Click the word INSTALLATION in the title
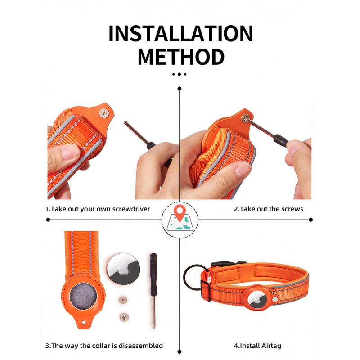click(180, 34)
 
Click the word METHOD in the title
click(180, 58)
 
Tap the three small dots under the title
click(180, 74)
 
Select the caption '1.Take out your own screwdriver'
click(97, 209)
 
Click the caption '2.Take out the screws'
click(268, 209)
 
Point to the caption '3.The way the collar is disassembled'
click(103, 346)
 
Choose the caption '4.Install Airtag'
click(257, 346)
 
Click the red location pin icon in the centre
click(180, 211)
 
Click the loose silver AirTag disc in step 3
click(123, 270)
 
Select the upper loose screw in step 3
click(121, 298)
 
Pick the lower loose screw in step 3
click(122, 316)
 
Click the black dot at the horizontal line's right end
click(310, 220)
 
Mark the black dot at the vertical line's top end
click(180, 89)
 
